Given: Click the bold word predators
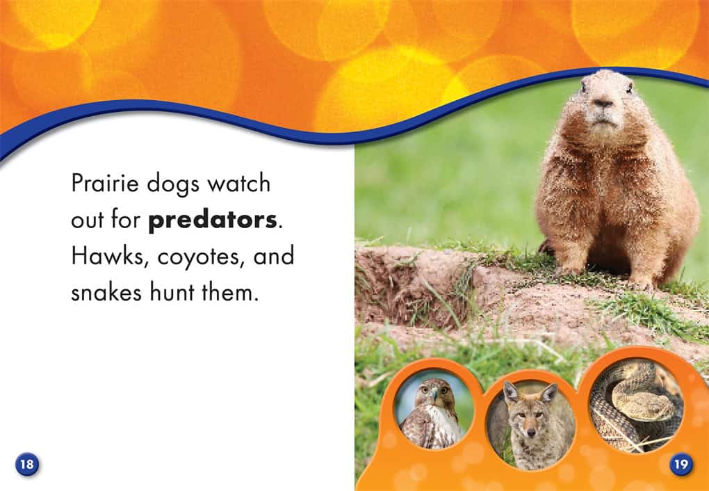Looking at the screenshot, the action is (x=212, y=221).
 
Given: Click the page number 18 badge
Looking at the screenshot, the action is (x=27, y=465).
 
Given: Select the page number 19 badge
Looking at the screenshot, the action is (x=681, y=465).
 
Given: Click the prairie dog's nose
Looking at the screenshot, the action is (x=603, y=103).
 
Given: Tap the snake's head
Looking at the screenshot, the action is (x=639, y=399).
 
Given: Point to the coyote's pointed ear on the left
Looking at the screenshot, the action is (x=510, y=392).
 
